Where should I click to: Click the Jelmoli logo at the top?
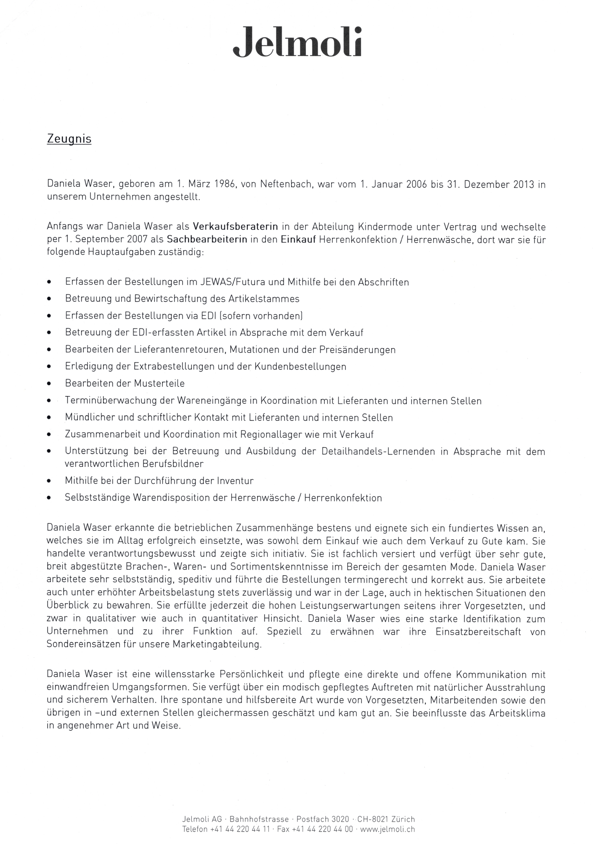pyautogui.click(x=297, y=41)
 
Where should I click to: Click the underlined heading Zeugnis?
pyautogui.click(x=69, y=139)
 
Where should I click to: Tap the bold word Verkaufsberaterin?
pyautogui.click(x=235, y=226)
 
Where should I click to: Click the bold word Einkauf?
pyautogui.click(x=299, y=240)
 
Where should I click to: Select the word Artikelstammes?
pyautogui.click(x=264, y=299)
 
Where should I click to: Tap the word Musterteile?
pyautogui.click(x=159, y=383)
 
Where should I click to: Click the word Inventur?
pyautogui.click(x=235, y=480)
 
